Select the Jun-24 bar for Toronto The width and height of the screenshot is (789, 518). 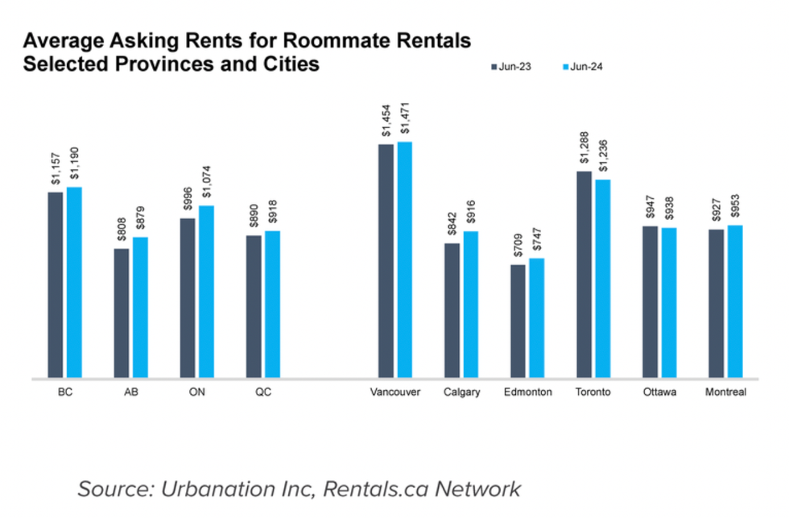click(x=602, y=278)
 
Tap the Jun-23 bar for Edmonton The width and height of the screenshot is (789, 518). click(x=518, y=321)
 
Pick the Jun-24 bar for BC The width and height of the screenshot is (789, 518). click(x=74, y=282)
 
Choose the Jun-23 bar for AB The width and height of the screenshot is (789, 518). click(x=122, y=313)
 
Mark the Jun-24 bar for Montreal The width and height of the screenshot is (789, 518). click(x=734, y=301)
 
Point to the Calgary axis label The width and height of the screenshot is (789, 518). click(x=462, y=392)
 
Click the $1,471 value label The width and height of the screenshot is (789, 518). click(x=405, y=121)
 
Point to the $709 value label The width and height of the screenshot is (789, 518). click(x=518, y=245)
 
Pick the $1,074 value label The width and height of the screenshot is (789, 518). click(x=207, y=184)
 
